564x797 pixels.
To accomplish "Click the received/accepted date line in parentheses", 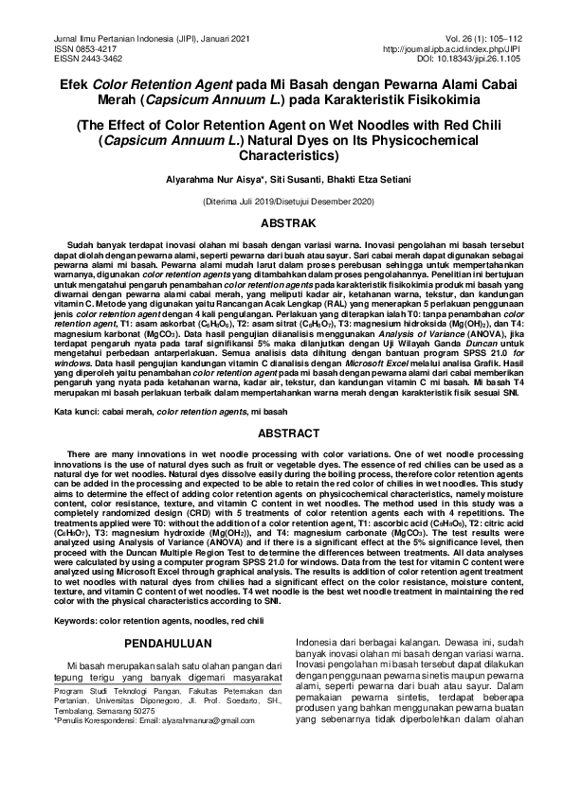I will point(282,202).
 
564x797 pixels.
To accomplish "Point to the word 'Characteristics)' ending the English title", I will point(282,153).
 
